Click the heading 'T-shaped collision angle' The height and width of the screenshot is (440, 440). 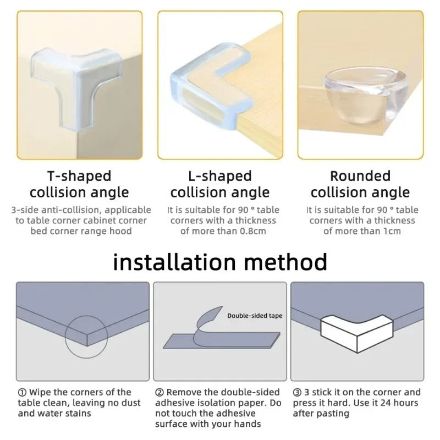click(x=79, y=184)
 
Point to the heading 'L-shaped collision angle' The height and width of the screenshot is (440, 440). click(x=219, y=184)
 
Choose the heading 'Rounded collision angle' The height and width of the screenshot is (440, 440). click(x=360, y=184)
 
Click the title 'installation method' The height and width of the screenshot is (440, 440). click(x=220, y=262)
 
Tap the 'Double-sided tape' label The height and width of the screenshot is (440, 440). click(x=255, y=316)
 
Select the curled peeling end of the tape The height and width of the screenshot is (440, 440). click(x=209, y=318)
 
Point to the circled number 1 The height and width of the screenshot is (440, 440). click(x=22, y=393)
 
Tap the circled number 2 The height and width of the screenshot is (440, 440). click(x=159, y=393)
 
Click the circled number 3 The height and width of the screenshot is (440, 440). click(x=297, y=393)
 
